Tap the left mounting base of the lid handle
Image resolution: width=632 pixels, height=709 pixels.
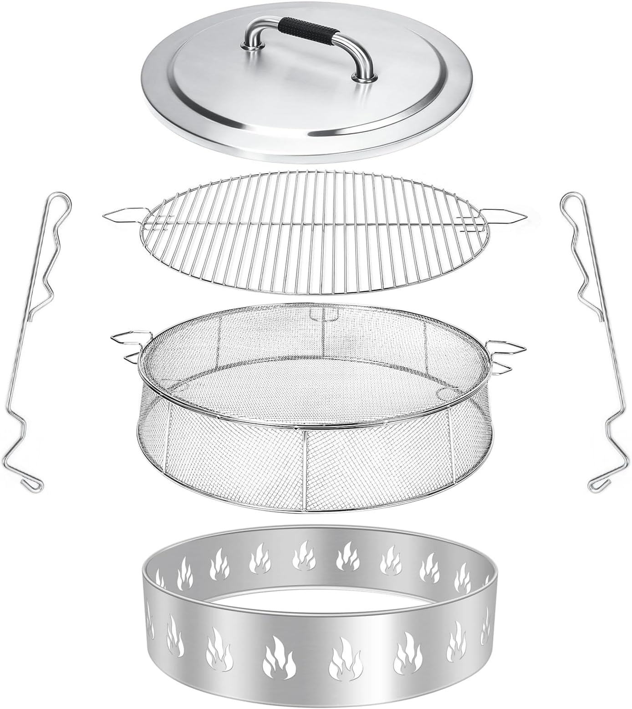(250, 44)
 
